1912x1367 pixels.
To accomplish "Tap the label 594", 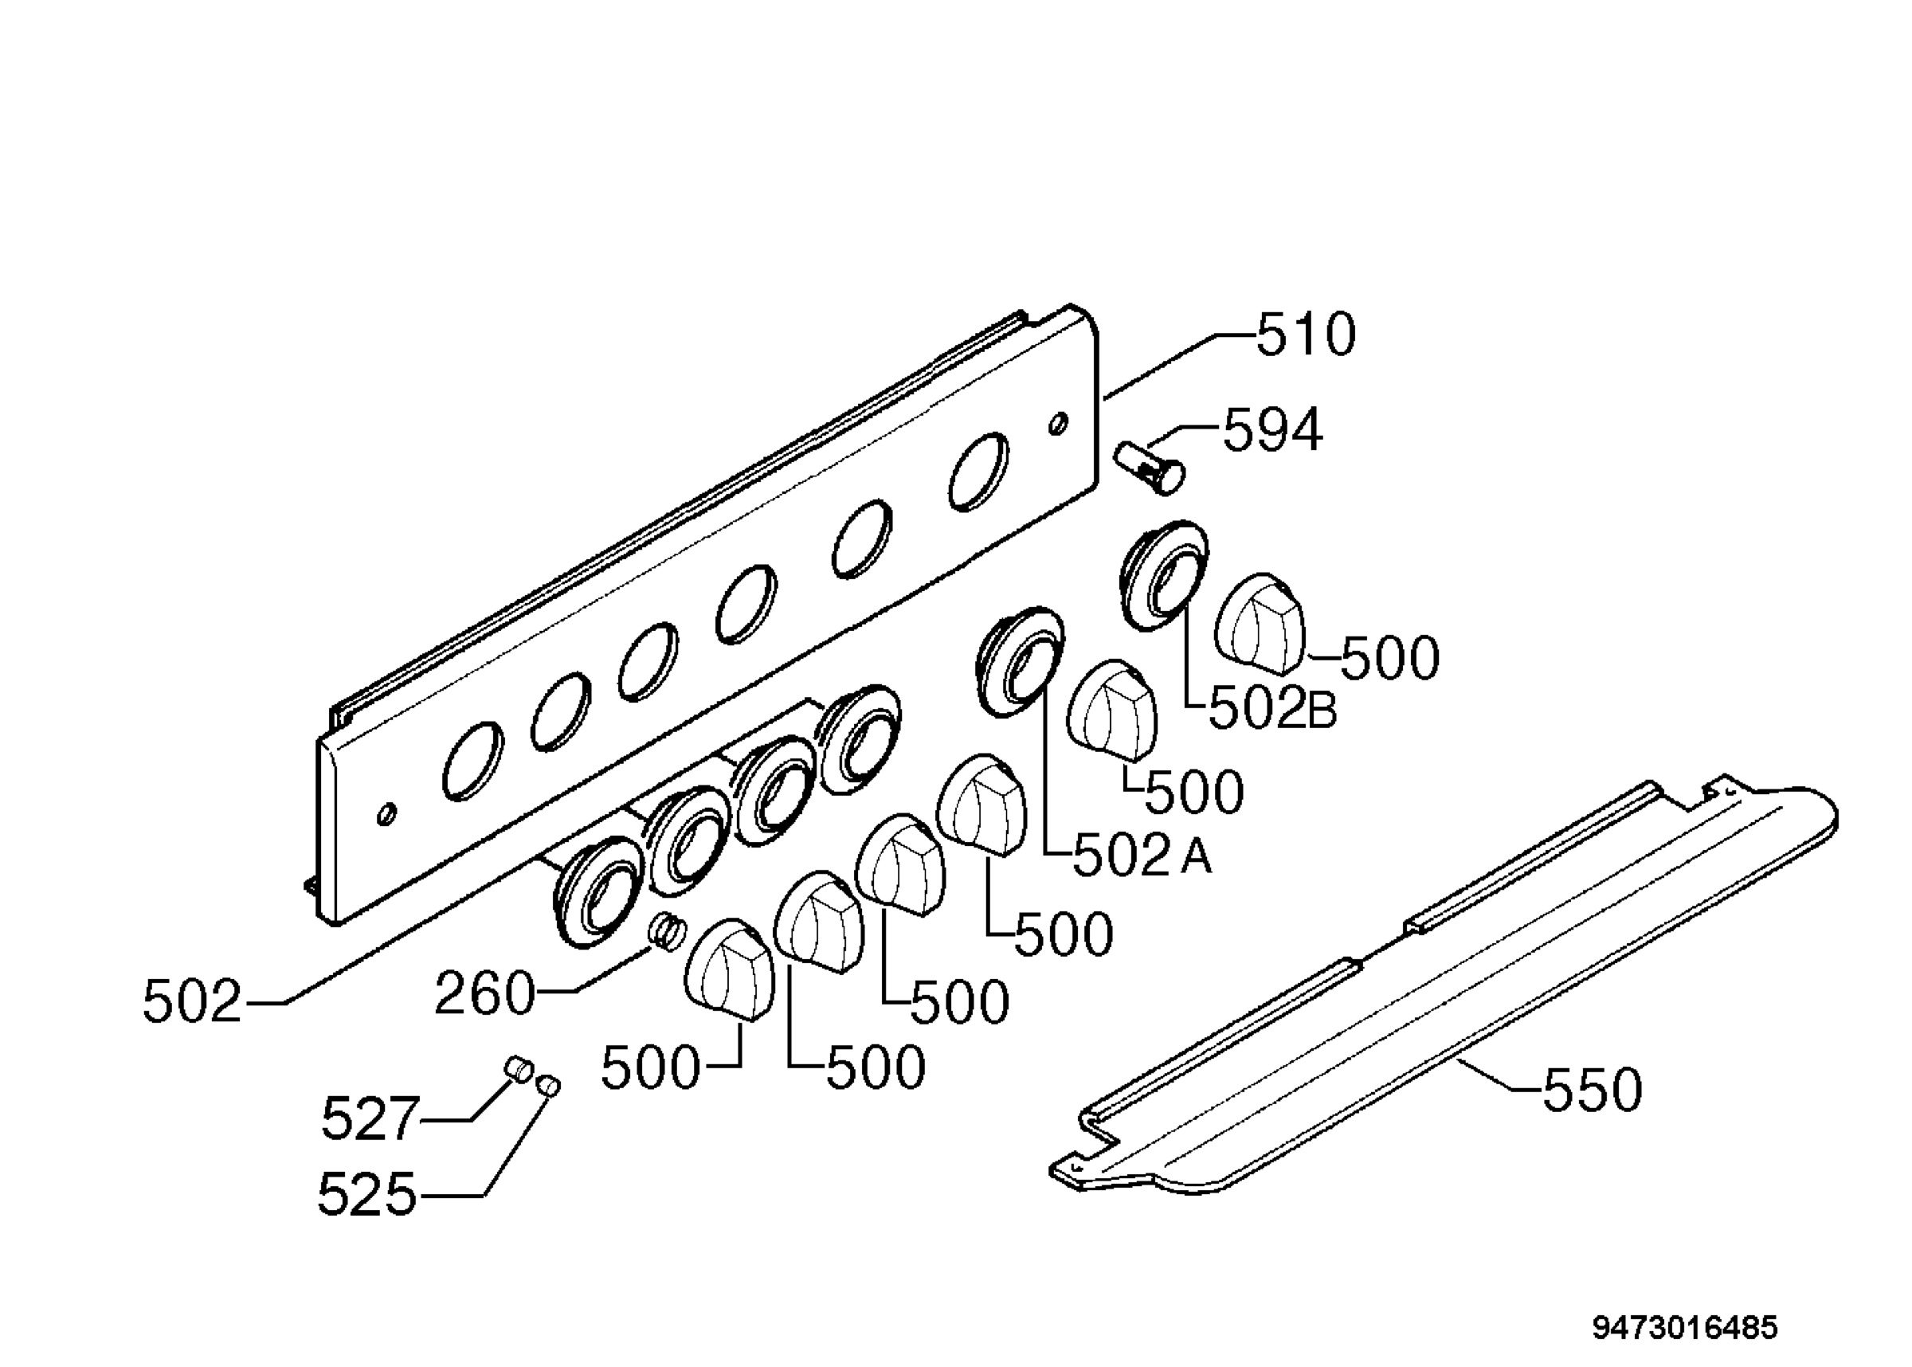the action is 1272,430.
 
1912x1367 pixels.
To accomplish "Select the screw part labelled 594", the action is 1150,468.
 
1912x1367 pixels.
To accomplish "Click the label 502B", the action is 1273,710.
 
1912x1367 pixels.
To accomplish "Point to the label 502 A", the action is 1142,856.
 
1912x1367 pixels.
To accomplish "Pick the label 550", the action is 1592,1090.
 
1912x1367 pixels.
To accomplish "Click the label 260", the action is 484,994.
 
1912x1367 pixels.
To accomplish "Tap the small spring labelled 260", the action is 667,932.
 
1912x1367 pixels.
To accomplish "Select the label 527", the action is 370,1119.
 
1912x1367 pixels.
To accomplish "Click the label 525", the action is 367,1194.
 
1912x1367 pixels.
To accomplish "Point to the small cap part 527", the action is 517,1070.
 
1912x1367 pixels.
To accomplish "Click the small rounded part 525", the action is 549,1086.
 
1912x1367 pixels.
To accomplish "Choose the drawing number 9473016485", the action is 1685,1327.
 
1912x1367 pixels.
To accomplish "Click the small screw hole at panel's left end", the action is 387,814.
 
